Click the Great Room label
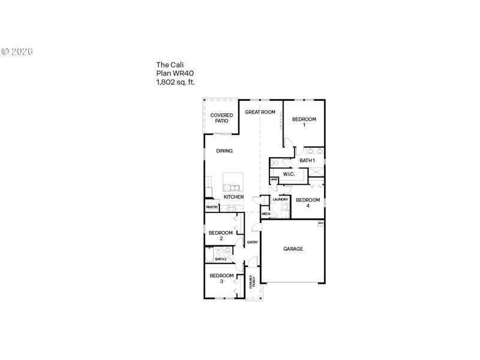260,112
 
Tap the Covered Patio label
221,118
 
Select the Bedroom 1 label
304,122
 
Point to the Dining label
224,151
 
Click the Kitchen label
233,197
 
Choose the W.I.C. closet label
289,174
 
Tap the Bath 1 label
307,160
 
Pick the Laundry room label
281,199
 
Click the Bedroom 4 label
308,203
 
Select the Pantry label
212,207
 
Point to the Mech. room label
266,214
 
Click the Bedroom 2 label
221,235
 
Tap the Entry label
252,242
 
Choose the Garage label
293,248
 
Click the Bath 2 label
221,259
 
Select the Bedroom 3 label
221,278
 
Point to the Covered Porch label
254,282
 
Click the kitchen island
233,181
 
